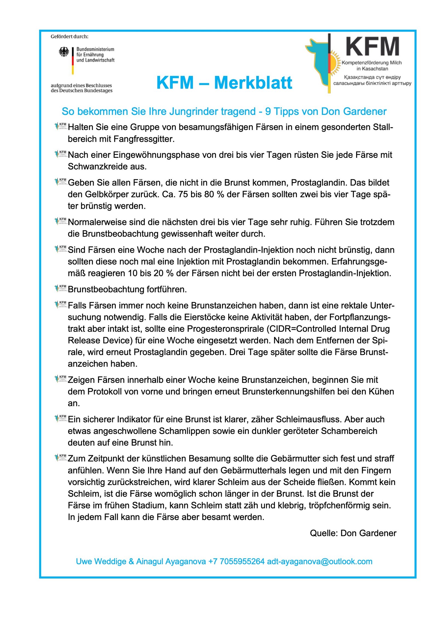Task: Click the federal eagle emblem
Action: point(64,52)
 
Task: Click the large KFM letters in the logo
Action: point(372,47)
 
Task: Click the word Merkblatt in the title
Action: point(253,83)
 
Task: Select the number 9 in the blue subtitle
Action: point(268,112)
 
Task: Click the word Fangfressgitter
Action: point(144,139)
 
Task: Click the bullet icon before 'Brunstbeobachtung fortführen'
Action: point(61,288)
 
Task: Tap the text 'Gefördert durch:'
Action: point(70,37)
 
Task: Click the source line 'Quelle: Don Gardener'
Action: point(353,533)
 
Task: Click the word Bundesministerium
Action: point(95,49)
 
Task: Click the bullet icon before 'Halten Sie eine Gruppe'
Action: point(61,126)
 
